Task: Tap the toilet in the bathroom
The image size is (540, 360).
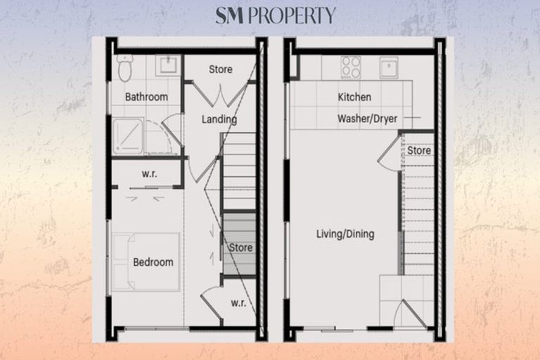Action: pyautogui.click(x=124, y=69)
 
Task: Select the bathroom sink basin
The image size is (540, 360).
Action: pyautogui.click(x=167, y=67)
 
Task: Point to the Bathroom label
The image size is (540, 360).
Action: pyautogui.click(x=146, y=96)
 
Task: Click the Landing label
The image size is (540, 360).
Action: pyautogui.click(x=219, y=120)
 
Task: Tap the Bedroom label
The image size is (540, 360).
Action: pyautogui.click(x=153, y=262)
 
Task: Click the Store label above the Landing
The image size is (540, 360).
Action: pyautogui.click(x=221, y=70)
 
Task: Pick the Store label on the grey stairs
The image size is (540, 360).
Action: pyautogui.click(x=240, y=247)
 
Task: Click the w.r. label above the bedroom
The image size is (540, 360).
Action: pyautogui.click(x=149, y=174)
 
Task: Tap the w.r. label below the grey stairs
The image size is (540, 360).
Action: pyautogui.click(x=238, y=303)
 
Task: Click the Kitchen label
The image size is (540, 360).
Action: pyautogui.click(x=354, y=97)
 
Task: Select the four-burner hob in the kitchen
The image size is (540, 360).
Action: pyautogui.click(x=350, y=67)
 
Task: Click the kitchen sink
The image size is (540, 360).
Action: pyautogui.click(x=389, y=67)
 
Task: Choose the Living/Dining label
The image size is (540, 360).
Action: pyautogui.click(x=345, y=234)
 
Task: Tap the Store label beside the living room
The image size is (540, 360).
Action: pyautogui.click(x=419, y=150)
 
